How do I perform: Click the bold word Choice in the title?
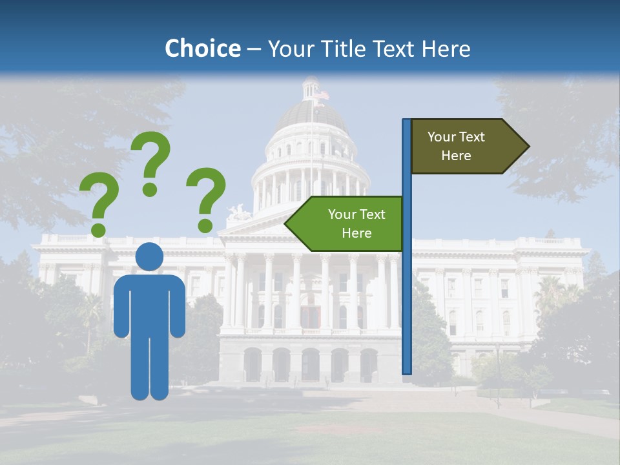point(202,48)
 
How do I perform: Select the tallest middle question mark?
point(150,161)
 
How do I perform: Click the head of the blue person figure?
point(149,256)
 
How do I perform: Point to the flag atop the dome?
point(321,96)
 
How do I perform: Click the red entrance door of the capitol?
point(311,316)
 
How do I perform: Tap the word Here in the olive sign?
point(456,156)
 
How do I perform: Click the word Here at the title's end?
point(446,48)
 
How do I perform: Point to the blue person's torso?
point(149,304)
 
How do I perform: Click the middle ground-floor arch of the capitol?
point(311,365)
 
